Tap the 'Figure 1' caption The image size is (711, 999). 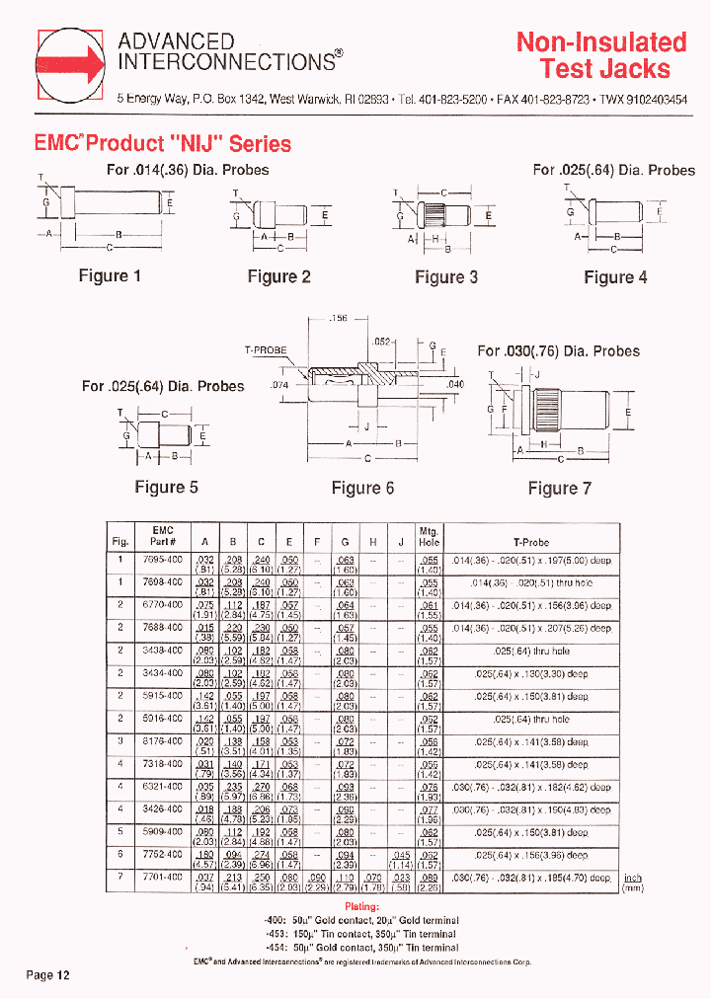point(110,275)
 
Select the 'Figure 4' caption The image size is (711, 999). point(615,277)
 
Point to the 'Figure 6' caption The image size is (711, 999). point(362,488)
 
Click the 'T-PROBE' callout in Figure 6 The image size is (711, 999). point(266,350)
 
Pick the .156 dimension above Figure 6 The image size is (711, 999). point(338,319)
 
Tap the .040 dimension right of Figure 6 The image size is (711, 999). point(455,384)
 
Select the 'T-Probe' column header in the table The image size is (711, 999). point(531,543)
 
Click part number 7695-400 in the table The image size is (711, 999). point(163,560)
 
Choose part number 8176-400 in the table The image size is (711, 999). point(163,741)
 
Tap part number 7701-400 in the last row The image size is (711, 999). point(163,877)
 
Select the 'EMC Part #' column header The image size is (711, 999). point(163,536)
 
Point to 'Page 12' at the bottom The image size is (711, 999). point(48,975)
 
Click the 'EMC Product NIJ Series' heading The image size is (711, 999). point(163,144)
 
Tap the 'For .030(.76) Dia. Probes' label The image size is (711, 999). point(558,351)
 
